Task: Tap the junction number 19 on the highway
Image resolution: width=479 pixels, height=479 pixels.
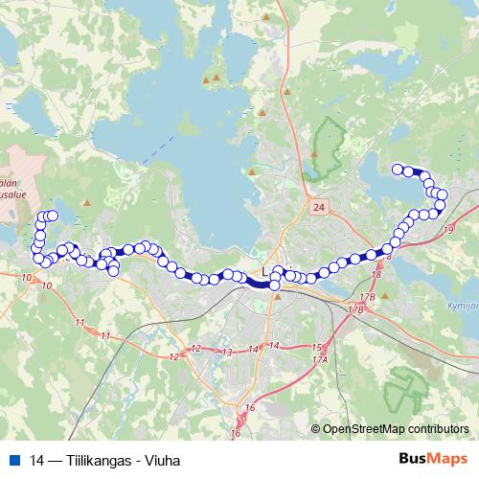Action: [449, 230]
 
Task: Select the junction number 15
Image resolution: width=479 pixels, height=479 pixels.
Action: [316, 346]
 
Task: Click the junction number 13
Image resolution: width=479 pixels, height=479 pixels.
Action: [228, 353]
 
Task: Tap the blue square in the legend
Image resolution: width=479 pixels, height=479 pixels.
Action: [13, 460]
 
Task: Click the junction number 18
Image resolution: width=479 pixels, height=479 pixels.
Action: [376, 275]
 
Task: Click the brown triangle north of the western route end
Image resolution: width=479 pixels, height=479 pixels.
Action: [87, 204]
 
